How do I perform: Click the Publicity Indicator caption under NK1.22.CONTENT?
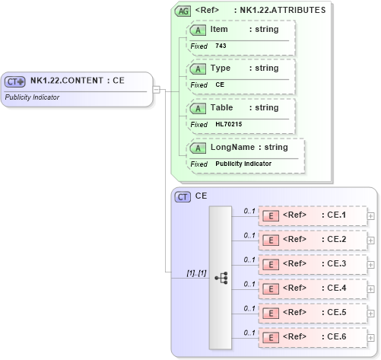pos(32,97)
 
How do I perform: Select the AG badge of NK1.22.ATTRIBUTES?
pos(183,11)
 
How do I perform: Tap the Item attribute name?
pos(219,30)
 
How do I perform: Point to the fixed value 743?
pos(221,46)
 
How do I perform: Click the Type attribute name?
pos(221,68)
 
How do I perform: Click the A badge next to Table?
pos(198,108)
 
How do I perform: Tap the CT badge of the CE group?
pos(183,196)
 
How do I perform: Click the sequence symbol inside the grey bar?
pos(221,278)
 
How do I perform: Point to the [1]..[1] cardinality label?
pos(196,272)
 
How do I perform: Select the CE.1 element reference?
pos(333,215)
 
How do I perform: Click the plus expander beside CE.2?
pos(370,240)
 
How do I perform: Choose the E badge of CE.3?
pos(270,264)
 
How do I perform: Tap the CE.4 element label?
pos(333,288)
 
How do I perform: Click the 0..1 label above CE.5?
pos(249,308)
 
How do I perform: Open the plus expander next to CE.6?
pos(370,337)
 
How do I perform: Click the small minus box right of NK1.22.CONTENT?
pos(156,89)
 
